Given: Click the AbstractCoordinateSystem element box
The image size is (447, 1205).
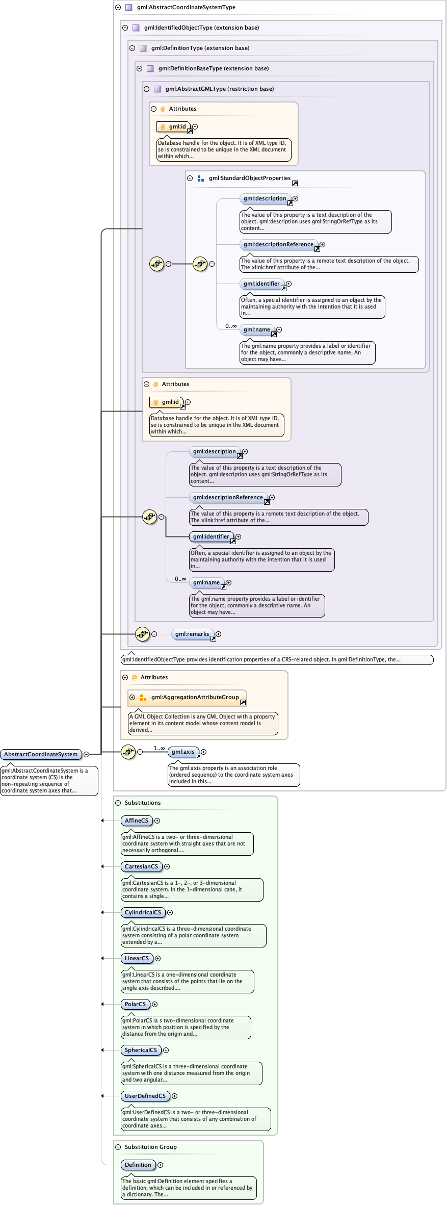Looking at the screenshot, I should [x=41, y=754].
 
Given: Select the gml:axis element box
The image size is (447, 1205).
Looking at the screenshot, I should [x=182, y=752].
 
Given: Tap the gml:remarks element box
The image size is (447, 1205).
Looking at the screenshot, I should [x=192, y=634].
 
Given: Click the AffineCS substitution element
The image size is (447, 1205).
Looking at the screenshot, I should [x=136, y=821].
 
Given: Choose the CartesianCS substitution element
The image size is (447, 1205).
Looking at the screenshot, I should [x=141, y=866].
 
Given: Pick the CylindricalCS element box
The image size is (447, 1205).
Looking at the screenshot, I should [x=143, y=912].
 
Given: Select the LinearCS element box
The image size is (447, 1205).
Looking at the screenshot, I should [x=137, y=958].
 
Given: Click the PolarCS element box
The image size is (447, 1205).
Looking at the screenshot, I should [x=135, y=1004].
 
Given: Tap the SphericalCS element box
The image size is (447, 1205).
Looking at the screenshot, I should [x=141, y=1050].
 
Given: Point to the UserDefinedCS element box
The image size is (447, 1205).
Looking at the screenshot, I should [x=145, y=1096].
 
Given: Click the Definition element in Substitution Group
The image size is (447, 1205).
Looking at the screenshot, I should [x=138, y=1165].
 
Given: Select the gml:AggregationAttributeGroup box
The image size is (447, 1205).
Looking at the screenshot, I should [x=195, y=697].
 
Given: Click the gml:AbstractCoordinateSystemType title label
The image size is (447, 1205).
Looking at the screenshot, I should [x=186, y=7].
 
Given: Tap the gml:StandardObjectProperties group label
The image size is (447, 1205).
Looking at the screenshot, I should [x=249, y=178].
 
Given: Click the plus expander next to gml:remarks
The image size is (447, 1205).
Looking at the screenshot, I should [x=218, y=634].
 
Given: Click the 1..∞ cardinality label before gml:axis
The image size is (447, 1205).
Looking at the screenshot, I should [x=159, y=748].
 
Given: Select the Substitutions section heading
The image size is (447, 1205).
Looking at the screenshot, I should [x=142, y=803].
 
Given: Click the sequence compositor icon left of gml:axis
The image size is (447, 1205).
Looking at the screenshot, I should [x=128, y=752].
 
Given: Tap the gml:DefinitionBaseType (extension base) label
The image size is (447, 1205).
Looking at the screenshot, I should [x=213, y=68].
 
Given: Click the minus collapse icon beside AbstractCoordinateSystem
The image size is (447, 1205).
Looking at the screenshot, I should [x=86, y=754].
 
